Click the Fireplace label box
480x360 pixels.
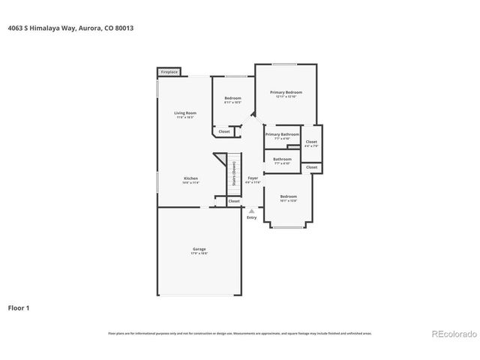pyautogui.click(x=169, y=72)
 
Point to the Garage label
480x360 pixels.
pyautogui.click(x=199, y=248)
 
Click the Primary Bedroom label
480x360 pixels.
pyautogui.click(x=286, y=92)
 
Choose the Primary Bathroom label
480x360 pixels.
pyautogui.click(x=282, y=134)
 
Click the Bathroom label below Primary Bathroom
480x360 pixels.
pyautogui.click(x=282, y=159)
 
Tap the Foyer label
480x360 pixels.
pyautogui.click(x=253, y=178)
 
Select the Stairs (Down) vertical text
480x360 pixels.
pyautogui.click(x=234, y=174)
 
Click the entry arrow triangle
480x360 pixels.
pyautogui.click(x=251, y=211)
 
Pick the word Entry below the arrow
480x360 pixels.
pyautogui.click(x=251, y=217)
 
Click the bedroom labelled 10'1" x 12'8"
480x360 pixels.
pyautogui.click(x=289, y=199)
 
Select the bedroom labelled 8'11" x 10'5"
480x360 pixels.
pyautogui.click(x=232, y=100)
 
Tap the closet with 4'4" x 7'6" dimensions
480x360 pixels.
pyautogui.click(x=311, y=142)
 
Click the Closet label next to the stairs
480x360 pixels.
pyautogui.click(x=234, y=201)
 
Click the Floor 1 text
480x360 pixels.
pyautogui.click(x=19, y=307)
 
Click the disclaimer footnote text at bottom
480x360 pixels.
pyautogui.click(x=239, y=333)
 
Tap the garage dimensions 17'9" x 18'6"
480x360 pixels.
pyautogui.click(x=199, y=253)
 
